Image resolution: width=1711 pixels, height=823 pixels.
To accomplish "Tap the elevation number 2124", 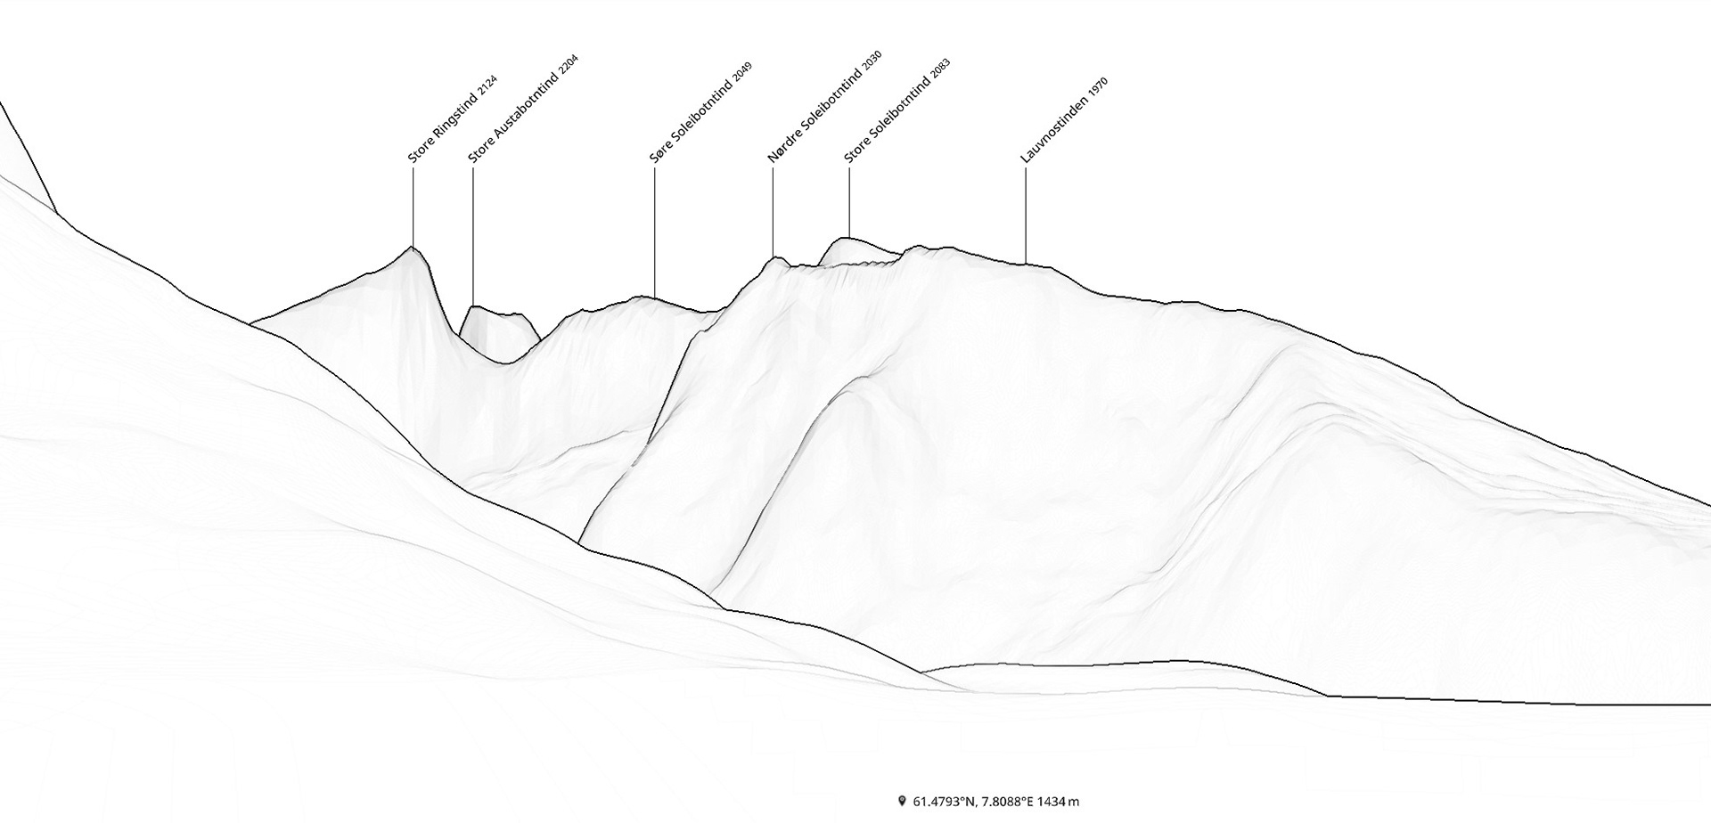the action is click(487, 86).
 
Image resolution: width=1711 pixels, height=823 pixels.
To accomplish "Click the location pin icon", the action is click(902, 801).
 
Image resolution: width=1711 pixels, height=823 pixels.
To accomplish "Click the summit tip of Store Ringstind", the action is click(412, 247).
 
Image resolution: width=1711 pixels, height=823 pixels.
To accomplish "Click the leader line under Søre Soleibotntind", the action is click(654, 232).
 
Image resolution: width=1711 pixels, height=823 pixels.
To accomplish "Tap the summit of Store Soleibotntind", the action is click(847, 238).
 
